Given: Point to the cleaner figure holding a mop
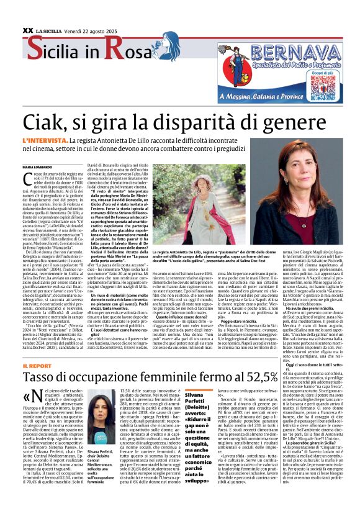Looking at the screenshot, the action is (236, 56).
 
